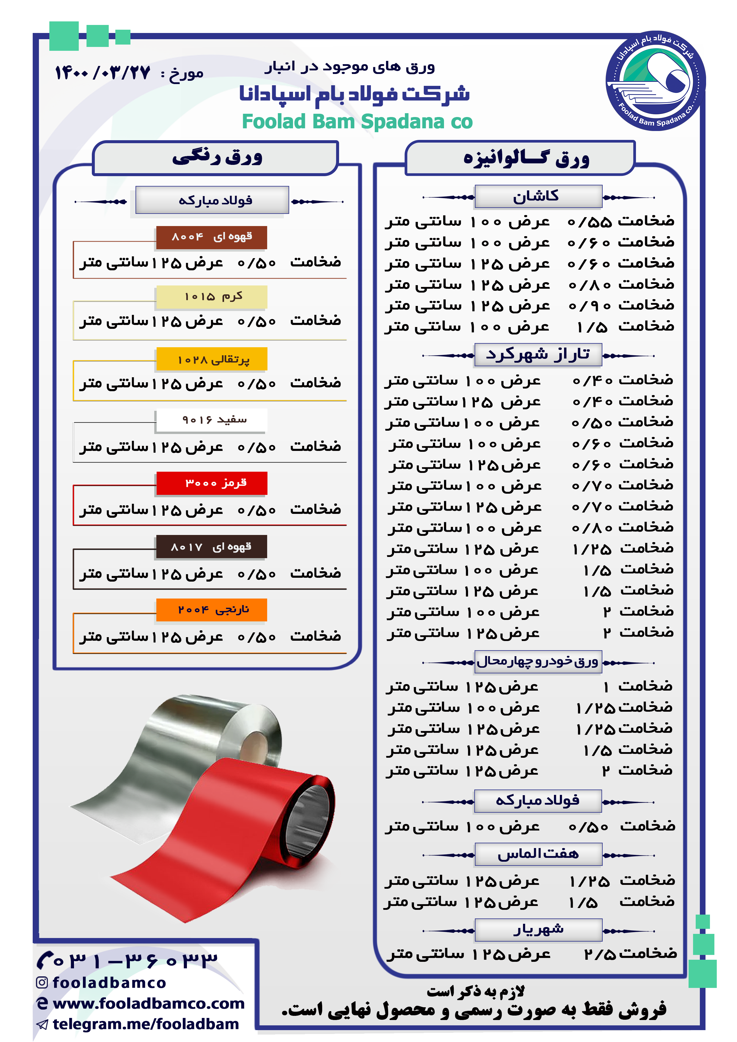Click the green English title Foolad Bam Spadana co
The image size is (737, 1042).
[x=357, y=121]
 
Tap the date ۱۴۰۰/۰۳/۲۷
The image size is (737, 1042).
[x=103, y=72]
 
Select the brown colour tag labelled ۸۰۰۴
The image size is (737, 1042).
[x=211, y=237]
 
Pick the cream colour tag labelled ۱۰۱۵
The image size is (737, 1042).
[x=212, y=297]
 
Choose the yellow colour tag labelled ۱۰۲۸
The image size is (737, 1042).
[x=212, y=359]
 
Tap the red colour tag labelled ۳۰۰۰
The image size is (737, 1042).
[x=212, y=483]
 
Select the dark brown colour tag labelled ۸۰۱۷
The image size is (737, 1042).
[x=211, y=547]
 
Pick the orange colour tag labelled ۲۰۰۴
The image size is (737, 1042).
[x=212, y=610]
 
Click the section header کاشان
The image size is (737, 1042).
[x=538, y=197]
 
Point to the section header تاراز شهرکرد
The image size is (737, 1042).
[x=538, y=354]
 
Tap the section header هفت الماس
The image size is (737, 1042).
[x=538, y=854]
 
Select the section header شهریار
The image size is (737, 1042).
[x=538, y=930]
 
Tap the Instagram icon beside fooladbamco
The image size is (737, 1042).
[x=42, y=983]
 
